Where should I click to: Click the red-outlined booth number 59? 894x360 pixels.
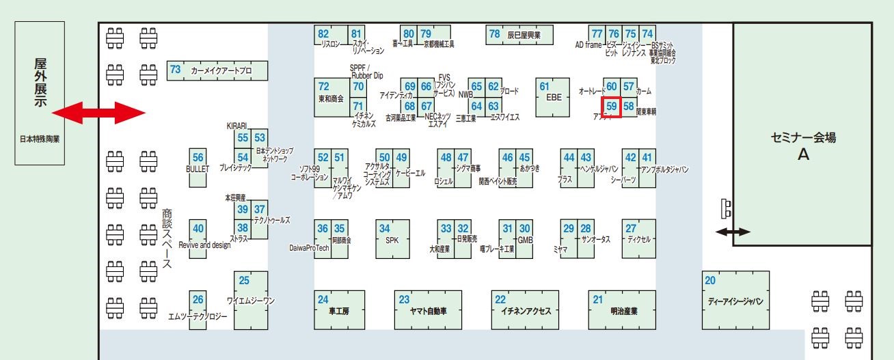(612, 107)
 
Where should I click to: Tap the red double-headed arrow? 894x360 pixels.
(99, 113)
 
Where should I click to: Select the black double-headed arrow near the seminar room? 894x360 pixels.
(733, 232)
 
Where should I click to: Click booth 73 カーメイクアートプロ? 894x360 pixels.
(217, 70)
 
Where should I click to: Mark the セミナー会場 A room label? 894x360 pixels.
(802, 146)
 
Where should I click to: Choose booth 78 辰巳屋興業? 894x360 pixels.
(519, 34)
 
